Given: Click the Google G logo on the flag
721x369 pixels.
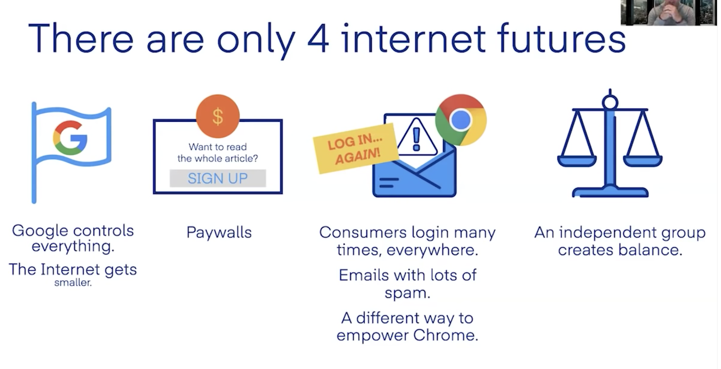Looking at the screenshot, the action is click(x=70, y=138).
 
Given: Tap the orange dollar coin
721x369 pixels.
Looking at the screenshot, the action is click(x=218, y=116).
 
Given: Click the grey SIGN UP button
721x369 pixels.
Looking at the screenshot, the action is click(x=218, y=178).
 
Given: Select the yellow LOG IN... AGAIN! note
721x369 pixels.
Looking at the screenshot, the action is click(x=356, y=148).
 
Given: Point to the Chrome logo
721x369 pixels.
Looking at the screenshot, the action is click(x=461, y=120).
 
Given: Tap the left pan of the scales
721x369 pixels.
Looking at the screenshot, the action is click(x=577, y=161).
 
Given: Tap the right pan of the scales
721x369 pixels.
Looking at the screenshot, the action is click(x=643, y=161).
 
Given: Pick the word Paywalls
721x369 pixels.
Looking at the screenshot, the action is click(x=219, y=233).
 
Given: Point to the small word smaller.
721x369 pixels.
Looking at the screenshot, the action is click(x=73, y=283).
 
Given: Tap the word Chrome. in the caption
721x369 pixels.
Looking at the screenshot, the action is click(x=446, y=335).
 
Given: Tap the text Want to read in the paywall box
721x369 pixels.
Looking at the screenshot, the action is click(x=218, y=147).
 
